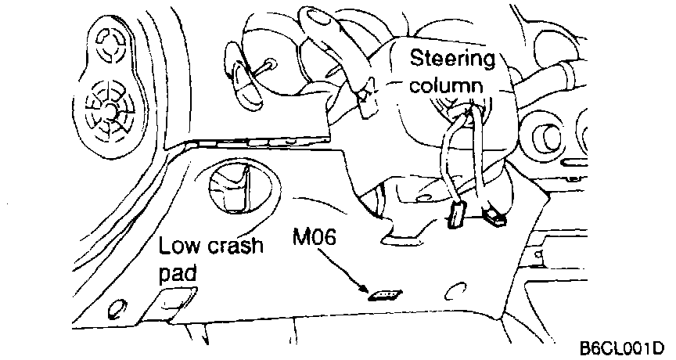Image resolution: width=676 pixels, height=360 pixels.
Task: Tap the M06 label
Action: [x=315, y=237]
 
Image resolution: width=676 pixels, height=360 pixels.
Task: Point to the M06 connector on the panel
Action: [x=383, y=295]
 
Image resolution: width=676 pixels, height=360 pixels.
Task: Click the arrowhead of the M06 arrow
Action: [x=369, y=289]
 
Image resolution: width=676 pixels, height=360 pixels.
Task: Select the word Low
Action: [x=180, y=247]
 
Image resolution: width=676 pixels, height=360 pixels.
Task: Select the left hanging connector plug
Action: [x=457, y=214]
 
